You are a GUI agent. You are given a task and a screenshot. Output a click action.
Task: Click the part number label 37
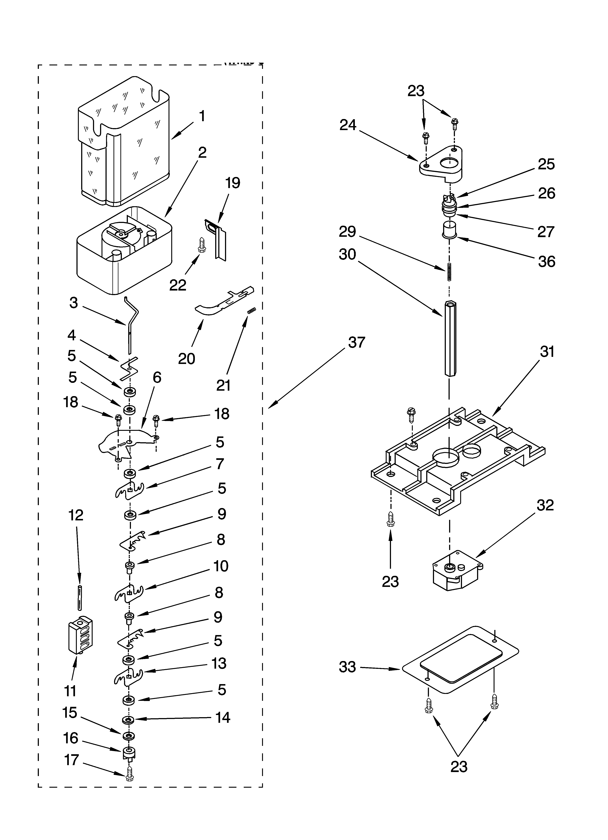coord(357,343)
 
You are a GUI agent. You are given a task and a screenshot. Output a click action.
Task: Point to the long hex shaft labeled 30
coord(449,339)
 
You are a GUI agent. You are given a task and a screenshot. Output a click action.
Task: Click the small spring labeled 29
coord(449,271)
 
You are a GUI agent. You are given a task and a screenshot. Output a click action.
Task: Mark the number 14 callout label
coord(223,717)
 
